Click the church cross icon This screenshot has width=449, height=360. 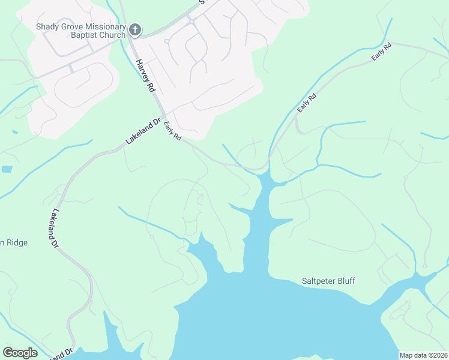(x=135, y=29)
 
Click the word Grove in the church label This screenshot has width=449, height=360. (x=73, y=26)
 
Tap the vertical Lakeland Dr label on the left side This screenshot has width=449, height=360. (x=55, y=228)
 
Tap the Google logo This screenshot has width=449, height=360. (x=20, y=353)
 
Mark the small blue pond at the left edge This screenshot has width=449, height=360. (x=7, y=169)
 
